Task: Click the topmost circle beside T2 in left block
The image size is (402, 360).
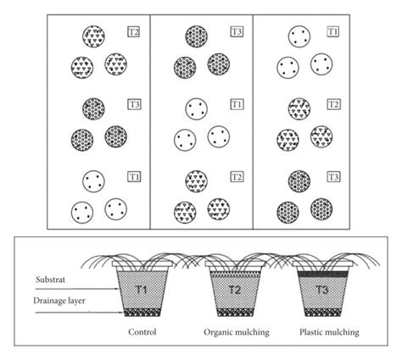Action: pyautogui.click(x=95, y=36)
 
